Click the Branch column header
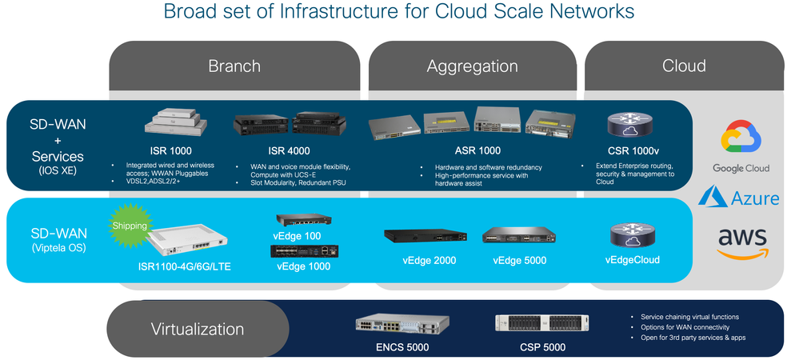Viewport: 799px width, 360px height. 234,66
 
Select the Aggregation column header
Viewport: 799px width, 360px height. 473,66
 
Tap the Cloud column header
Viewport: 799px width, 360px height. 684,66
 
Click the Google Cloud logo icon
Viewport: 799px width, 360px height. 741,137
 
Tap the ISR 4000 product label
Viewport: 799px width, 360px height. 289,150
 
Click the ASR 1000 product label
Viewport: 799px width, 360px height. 477,150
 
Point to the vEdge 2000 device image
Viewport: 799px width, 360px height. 425,235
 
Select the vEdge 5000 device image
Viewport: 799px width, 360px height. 519,235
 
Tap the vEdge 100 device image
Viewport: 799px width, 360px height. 304,220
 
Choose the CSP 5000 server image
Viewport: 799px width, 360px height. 541,323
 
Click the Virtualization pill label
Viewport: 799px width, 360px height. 198,329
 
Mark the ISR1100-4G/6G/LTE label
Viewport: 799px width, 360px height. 185,266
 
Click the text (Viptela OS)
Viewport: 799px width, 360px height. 58,248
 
